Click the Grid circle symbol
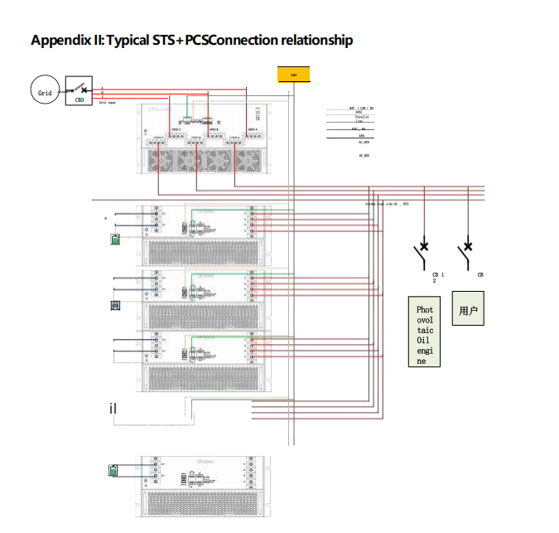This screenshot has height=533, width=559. [45, 92]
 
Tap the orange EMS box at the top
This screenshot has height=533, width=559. [293, 75]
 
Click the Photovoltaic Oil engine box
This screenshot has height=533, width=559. [424, 332]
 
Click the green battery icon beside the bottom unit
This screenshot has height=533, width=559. [114, 472]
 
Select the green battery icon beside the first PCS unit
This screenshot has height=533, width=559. [116, 240]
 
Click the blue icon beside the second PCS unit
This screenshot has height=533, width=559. [116, 306]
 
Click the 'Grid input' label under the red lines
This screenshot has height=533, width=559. [108, 103]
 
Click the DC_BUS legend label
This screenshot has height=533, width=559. [364, 155]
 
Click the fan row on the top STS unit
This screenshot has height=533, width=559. [204, 157]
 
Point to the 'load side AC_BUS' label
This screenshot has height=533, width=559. [388, 203]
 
